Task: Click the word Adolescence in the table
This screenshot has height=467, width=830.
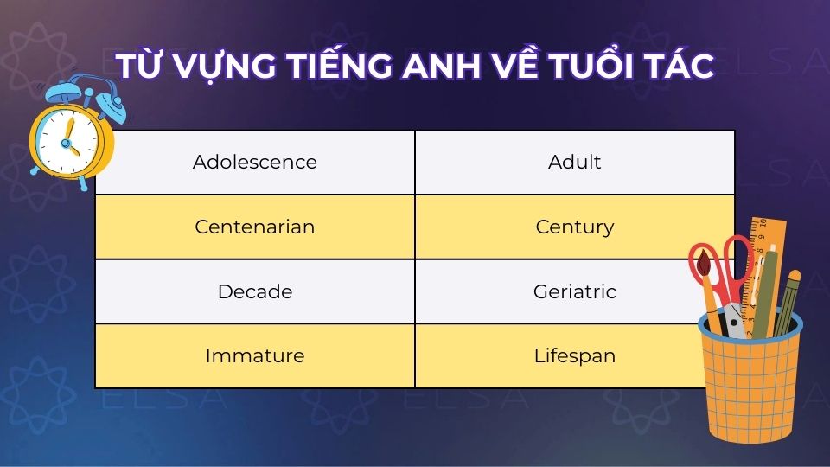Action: (x=255, y=162)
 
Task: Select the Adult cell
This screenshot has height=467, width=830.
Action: (x=575, y=162)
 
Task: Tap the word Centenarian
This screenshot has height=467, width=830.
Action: (x=255, y=227)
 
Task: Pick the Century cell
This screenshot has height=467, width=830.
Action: (x=575, y=227)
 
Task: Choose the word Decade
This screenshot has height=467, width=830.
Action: (x=255, y=291)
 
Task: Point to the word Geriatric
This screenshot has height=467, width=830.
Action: (x=575, y=291)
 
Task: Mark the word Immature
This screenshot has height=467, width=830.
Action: (x=255, y=355)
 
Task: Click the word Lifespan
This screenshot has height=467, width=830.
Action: (x=575, y=355)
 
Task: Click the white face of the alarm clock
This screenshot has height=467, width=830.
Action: (x=66, y=138)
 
